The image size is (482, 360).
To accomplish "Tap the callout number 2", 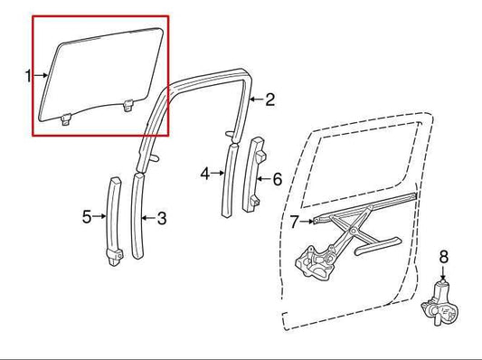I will pos(269,100).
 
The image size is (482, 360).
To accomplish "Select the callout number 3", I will pos(162,218).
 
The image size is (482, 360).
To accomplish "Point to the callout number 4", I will pos(204,173).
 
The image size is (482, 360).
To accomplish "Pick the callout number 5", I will pos(87,216).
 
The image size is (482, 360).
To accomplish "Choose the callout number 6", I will pos(277,179).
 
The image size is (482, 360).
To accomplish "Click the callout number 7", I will pos(294,220).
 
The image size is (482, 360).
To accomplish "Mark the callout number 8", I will pos(443,256).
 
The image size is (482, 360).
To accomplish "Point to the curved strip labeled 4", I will pos(229,176).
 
